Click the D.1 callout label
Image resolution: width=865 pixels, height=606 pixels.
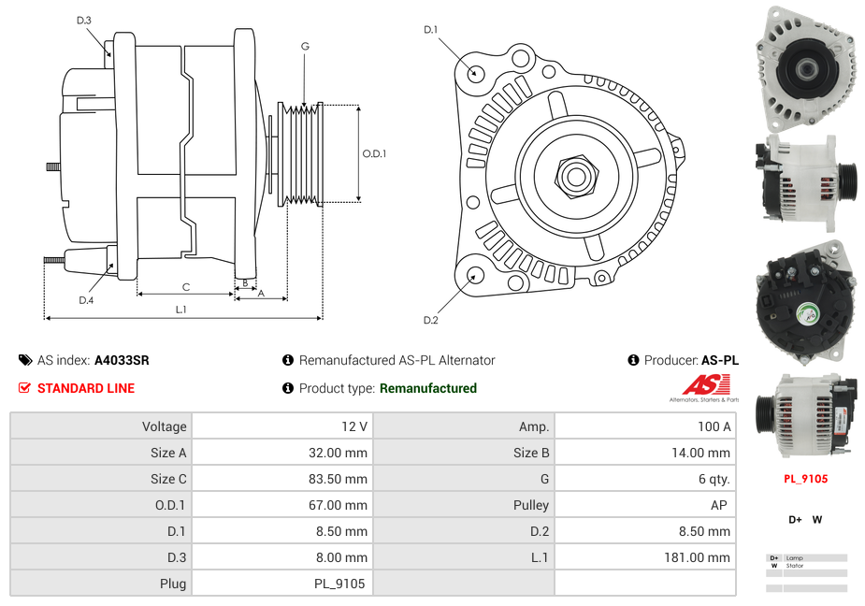tap(430, 30)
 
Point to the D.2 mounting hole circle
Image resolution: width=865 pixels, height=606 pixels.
tap(474, 275)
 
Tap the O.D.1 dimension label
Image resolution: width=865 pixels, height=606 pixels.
tap(374, 153)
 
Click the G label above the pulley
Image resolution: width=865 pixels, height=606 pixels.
tap(305, 46)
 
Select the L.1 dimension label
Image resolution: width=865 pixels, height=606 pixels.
tap(180, 310)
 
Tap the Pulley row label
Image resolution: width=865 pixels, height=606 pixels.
tap(531, 505)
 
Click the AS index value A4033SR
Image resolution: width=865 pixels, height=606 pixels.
tap(122, 360)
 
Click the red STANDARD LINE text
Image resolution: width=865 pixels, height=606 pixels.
tap(85, 388)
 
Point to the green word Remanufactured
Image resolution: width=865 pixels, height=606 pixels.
tap(427, 388)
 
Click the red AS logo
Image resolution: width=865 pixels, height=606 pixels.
tap(702, 384)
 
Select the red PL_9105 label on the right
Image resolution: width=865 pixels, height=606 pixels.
tap(805, 479)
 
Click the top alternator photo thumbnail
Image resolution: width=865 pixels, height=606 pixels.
tap(805, 68)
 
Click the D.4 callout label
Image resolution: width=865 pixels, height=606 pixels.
tap(86, 300)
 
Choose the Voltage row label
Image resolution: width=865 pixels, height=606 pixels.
tap(164, 426)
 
